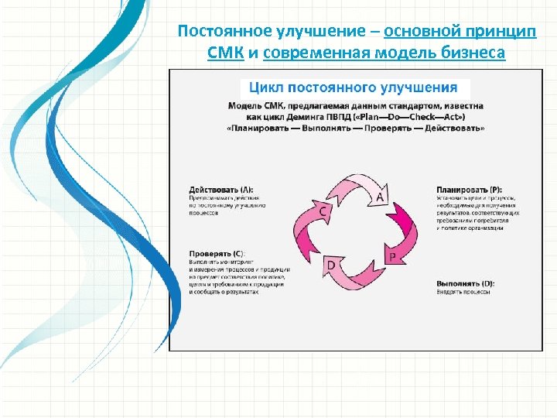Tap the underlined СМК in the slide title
[x=226, y=53]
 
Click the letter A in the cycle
[x=380, y=197]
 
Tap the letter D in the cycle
[x=331, y=266]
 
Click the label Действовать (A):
[x=220, y=190]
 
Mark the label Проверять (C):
[x=217, y=253]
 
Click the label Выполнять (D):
[x=465, y=283]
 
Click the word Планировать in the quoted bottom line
[x=261, y=127]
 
